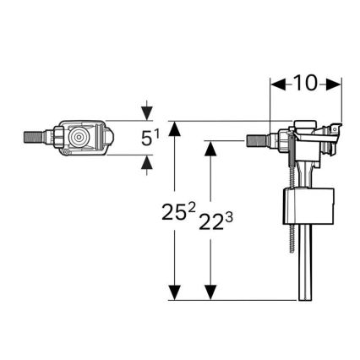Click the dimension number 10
305,85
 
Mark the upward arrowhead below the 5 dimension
148,162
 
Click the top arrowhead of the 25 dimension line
175,128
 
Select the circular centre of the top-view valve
81,136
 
